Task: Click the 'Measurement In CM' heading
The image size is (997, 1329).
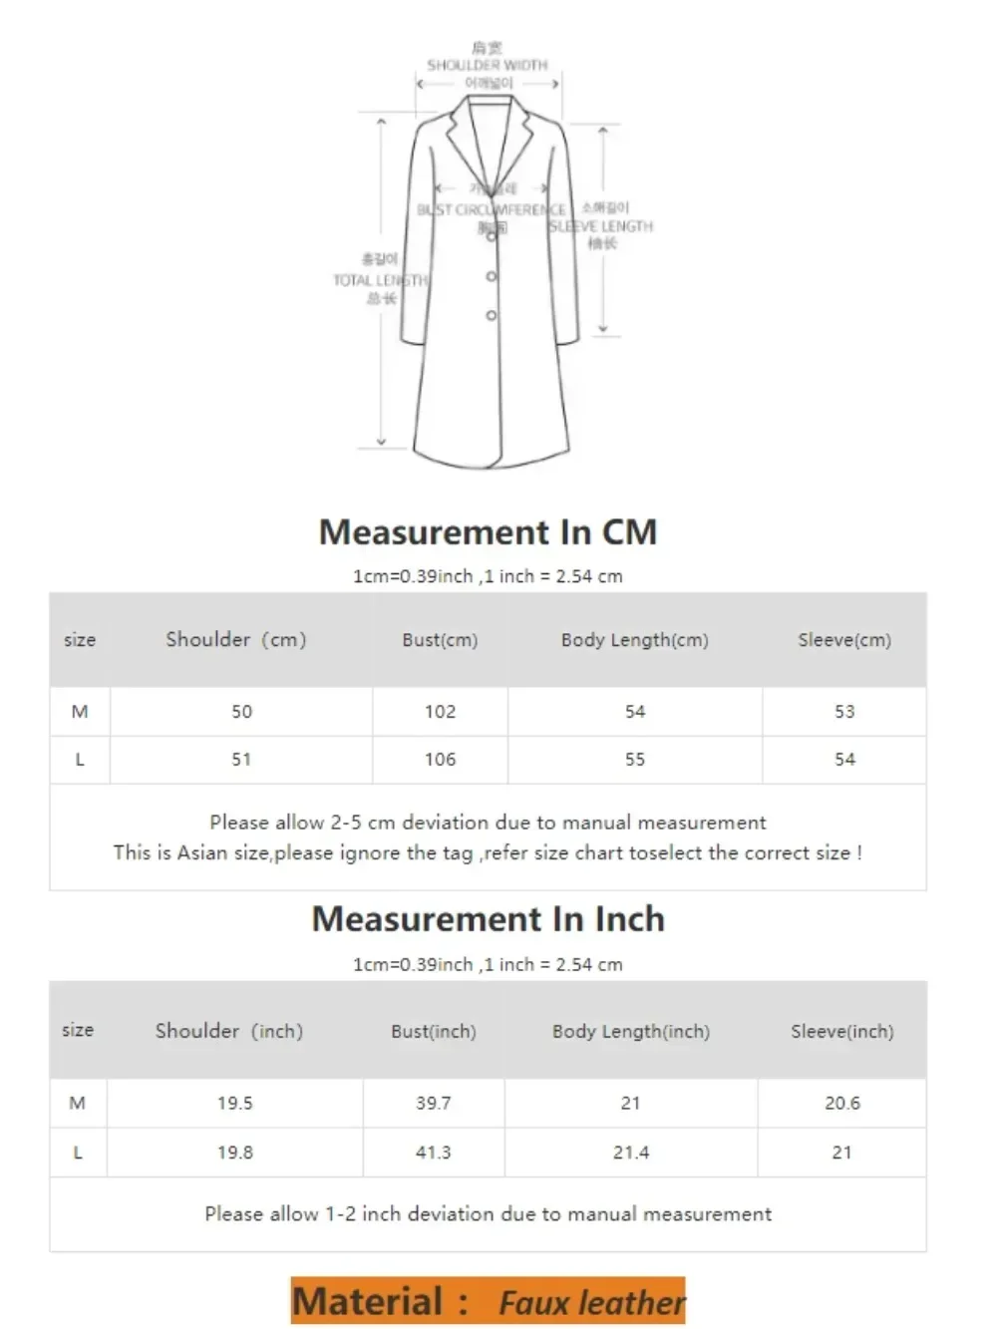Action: click(x=488, y=531)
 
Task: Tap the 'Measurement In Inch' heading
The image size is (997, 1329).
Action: click(x=488, y=918)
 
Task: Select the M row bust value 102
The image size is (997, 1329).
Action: click(x=440, y=712)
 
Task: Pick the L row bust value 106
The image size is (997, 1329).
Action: click(x=440, y=760)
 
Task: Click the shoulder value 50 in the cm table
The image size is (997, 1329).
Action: click(x=241, y=712)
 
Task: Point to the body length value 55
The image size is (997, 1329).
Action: click(x=635, y=760)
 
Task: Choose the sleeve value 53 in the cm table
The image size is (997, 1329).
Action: click(x=844, y=712)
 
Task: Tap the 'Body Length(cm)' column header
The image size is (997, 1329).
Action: click(x=635, y=640)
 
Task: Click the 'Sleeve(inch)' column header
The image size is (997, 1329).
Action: click(x=842, y=1032)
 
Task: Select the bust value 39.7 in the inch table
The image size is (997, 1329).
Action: click(x=434, y=1104)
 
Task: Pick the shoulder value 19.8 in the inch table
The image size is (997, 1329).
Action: click(x=235, y=1153)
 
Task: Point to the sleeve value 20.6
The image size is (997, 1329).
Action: click(x=842, y=1104)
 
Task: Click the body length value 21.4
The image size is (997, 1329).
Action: click(x=631, y=1153)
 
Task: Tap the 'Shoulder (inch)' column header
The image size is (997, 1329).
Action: click(x=229, y=1032)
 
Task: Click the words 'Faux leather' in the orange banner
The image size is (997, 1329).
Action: click(x=591, y=1303)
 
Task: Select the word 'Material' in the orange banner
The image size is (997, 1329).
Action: click(x=368, y=1302)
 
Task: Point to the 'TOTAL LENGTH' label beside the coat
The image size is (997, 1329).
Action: click(x=380, y=281)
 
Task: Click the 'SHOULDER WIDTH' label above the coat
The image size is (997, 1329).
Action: click(x=488, y=65)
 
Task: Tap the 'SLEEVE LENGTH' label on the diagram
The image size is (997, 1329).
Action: click(x=601, y=226)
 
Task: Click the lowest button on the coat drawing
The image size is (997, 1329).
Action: click(x=492, y=315)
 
